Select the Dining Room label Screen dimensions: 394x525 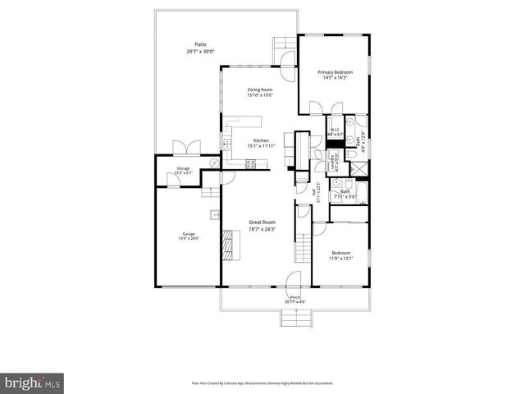(259, 90)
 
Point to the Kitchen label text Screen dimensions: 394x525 (262, 141)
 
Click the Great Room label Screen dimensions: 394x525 (262, 222)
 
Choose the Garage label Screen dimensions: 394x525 (189, 235)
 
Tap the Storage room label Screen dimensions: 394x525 (183, 169)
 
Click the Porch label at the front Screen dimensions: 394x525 (294, 297)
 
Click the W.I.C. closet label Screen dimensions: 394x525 (336, 131)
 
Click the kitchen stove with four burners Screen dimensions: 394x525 (250, 163)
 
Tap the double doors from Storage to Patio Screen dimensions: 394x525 (182, 149)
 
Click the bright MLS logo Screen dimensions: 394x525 (33, 383)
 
